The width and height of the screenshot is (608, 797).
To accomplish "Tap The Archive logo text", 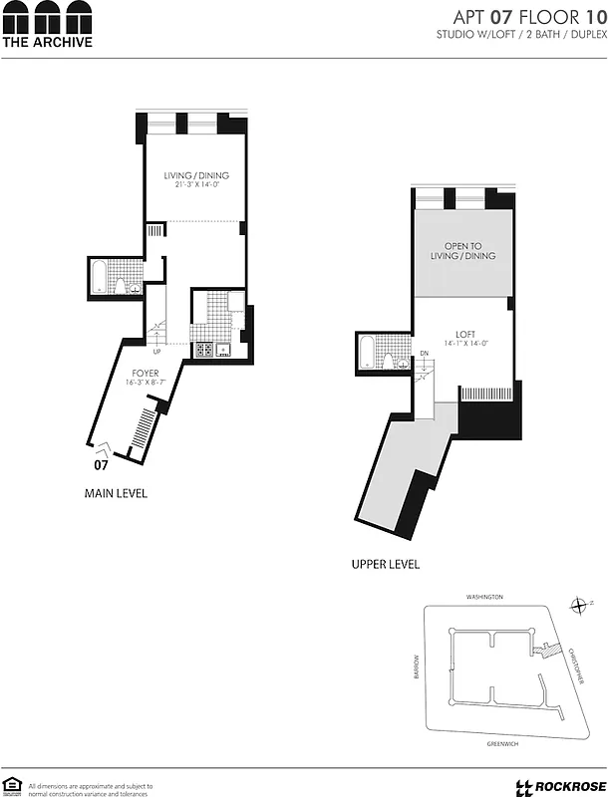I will [47, 42].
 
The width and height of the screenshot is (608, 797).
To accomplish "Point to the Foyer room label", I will [143, 375].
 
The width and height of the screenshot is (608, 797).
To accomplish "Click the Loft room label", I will [465, 334].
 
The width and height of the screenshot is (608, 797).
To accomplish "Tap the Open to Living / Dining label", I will [463, 251].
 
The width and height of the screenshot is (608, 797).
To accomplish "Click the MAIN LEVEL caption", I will [116, 492].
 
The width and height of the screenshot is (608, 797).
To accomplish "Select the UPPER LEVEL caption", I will [386, 564].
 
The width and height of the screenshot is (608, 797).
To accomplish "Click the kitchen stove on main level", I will [205, 349].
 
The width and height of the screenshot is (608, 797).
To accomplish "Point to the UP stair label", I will [156, 351].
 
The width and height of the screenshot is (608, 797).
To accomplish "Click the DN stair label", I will [424, 354].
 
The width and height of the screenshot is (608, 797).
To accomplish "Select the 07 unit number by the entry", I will [101, 464].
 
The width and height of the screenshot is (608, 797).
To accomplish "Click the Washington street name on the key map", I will [484, 597].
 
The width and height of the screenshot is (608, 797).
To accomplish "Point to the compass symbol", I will [579, 605].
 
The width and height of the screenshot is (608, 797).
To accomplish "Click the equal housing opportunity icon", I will [11, 786].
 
